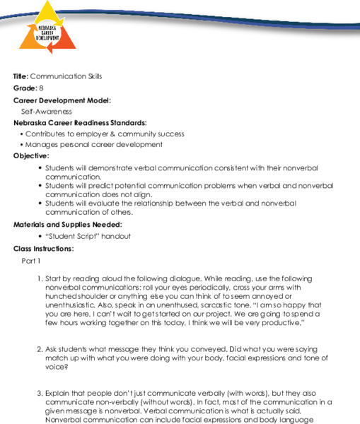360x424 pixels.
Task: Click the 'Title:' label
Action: (x=21, y=76)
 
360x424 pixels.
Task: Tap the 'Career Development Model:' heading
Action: (x=62, y=100)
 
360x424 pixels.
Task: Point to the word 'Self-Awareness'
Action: (x=46, y=111)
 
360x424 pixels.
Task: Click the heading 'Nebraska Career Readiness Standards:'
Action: (x=80, y=122)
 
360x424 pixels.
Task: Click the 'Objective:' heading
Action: (x=31, y=155)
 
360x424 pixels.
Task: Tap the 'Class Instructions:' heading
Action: (x=43, y=248)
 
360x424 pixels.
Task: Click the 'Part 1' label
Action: (x=31, y=260)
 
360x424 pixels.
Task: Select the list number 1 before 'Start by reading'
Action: (x=40, y=278)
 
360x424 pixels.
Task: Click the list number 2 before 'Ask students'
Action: (x=40, y=349)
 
